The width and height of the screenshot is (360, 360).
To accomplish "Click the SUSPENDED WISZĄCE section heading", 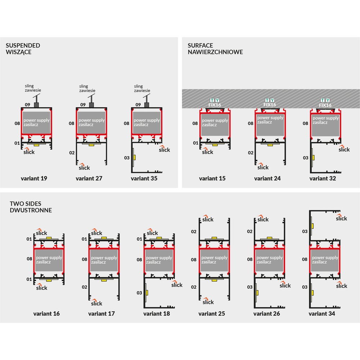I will (23, 49).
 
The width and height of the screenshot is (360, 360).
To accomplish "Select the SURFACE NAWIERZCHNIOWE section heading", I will (215, 49).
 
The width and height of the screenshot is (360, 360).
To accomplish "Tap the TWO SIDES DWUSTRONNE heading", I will (31, 207).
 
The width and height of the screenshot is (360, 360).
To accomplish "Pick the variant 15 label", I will (212, 179).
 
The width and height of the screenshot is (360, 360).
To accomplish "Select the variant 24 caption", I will (267, 179).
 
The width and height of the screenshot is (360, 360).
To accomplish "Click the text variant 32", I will (323, 179).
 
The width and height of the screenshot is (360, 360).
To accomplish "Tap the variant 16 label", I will (46, 314).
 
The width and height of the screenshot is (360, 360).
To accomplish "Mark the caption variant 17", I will (102, 314).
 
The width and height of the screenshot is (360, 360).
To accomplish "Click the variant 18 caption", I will (157, 314).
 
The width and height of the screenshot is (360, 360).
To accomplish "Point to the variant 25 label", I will (212, 314).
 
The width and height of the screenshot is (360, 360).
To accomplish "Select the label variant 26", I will (267, 314).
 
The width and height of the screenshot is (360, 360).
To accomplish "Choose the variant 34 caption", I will (322, 314).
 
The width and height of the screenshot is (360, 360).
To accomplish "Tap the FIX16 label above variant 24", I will (270, 105).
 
